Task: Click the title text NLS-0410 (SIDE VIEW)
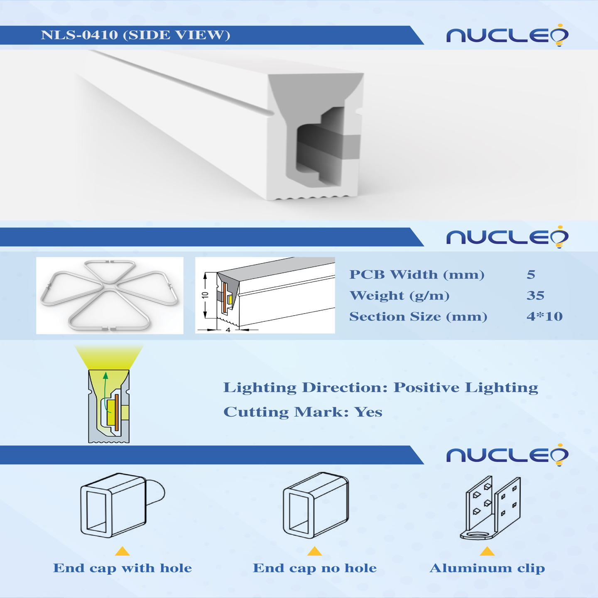[x=136, y=35]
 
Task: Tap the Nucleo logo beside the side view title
[x=507, y=35]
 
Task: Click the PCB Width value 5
[x=531, y=274]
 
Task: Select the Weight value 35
[x=535, y=295]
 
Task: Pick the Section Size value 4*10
[x=544, y=316]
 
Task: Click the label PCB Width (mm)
[x=417, y=274]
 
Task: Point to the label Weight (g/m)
[x=399, y=295]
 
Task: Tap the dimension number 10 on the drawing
[x=205, y=295]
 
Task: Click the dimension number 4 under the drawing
[x=228, y=330]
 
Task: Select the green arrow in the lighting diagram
[x=105, y=392]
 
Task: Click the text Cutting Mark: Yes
[x=303, y=412]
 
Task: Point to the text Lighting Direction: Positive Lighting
[x=381, y=387]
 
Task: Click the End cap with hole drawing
[x=123, y=505]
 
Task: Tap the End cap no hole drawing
[x=316, y=505]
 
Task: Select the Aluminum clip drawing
[x=490, y=508]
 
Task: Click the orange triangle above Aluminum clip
[x=487, y=551]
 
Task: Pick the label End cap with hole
[x=123, y=568]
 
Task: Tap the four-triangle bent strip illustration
[x=109, y=295]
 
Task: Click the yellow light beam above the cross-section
[x=109, y=357]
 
